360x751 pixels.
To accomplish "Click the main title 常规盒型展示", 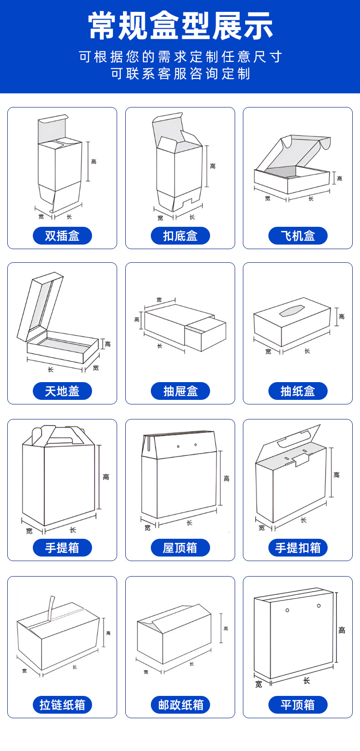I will (180, 26).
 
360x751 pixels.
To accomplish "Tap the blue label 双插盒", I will (62, 236).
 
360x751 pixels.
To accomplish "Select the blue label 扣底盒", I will (180, 236).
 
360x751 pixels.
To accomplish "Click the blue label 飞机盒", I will (298, 236).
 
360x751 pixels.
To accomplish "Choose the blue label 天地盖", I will (62, 391).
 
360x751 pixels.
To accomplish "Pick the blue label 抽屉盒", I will (180, 391).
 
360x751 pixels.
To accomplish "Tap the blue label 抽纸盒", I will (298, 391).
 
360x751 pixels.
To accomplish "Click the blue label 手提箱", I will (62, 548).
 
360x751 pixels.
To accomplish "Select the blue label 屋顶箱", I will (180, 548).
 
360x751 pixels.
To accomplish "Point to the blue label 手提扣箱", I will (298, 548).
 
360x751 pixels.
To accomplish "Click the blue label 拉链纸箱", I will (62, 705).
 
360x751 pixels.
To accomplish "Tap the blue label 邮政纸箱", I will (180, 705).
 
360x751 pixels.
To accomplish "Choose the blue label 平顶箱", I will (298, 705).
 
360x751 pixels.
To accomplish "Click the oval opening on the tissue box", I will (291, 311).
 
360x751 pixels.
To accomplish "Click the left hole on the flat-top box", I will (287, 610).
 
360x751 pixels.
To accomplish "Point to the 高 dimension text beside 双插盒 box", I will (93, 162).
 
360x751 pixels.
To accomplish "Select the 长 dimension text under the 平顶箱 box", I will (307, 680).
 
